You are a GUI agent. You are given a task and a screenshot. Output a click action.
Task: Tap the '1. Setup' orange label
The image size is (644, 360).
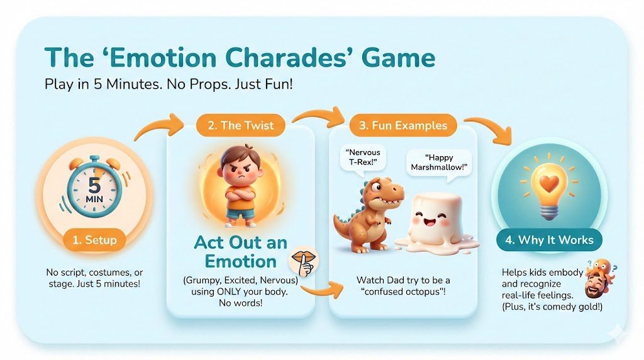click(x=94, y=240)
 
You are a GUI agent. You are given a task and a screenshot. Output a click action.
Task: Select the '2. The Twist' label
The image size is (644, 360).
click(x=241, y=125)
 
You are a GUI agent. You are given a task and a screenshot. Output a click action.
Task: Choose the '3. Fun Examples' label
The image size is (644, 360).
click(x=403, y=125)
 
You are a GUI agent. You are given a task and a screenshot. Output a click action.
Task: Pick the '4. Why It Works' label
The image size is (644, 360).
click(x=549, y=240)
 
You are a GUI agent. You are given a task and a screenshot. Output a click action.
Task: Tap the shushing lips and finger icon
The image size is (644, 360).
click(x=304, y=262)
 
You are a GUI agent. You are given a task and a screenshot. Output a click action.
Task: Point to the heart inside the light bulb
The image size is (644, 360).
click(x=549, y=183)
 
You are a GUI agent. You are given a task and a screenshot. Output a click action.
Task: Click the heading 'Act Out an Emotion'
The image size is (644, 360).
click(x=241, y=252)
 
